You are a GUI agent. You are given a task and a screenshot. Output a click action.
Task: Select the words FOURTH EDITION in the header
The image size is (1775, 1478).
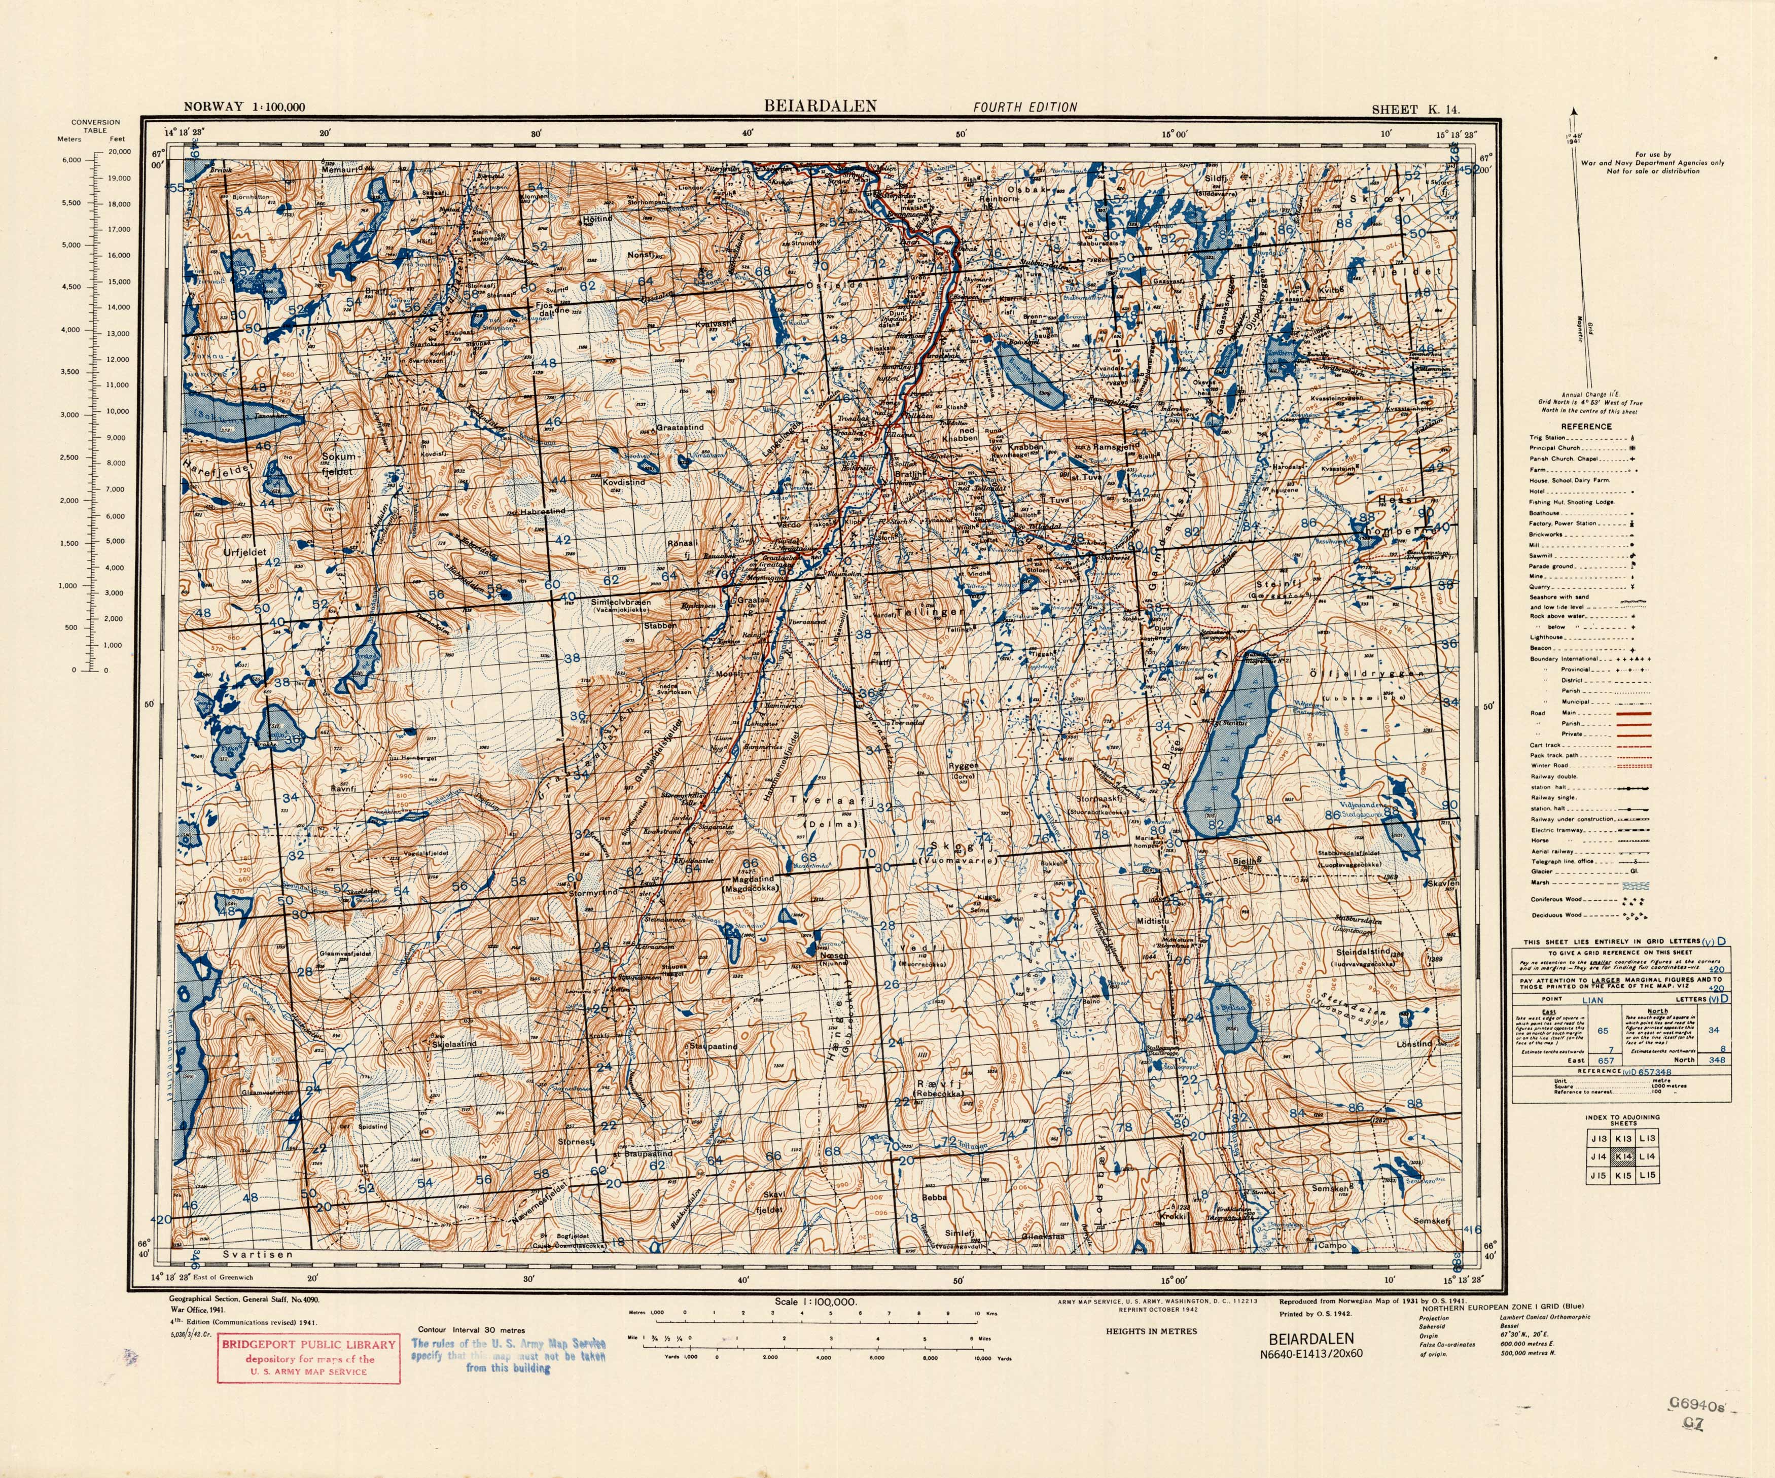pos(1024,108)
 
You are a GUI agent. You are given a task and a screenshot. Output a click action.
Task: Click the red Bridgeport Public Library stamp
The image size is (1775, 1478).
pos(308,1359)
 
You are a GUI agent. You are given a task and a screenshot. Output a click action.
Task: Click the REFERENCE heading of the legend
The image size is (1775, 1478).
pos(1586,427)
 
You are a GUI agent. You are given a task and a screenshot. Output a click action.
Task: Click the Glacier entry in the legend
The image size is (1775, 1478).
pos(1542,872)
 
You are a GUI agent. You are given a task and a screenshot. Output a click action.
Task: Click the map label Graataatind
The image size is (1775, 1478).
pos(681,428)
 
